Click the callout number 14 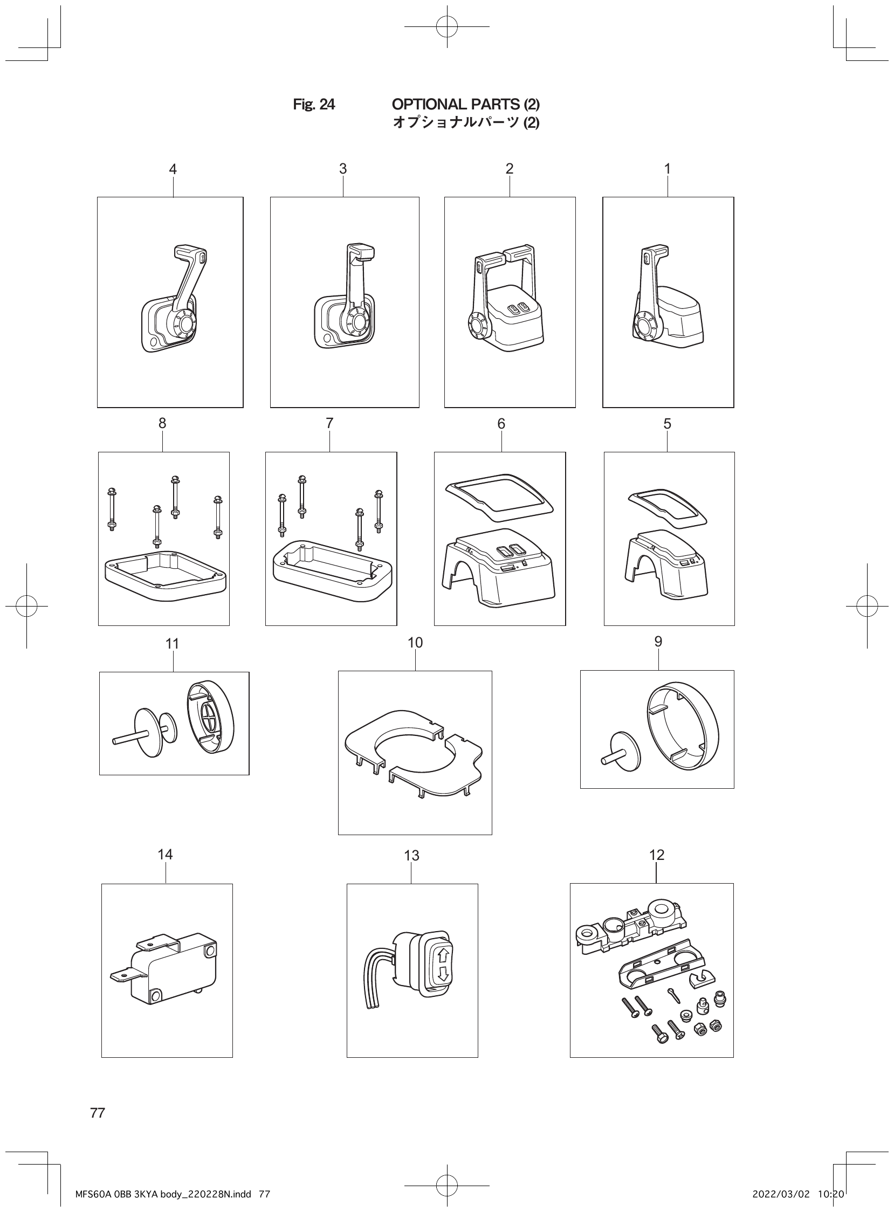point(165,854)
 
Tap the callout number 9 point(658,641)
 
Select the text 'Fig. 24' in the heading point(314,105)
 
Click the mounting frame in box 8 point(165,577)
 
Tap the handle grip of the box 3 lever point(362,252)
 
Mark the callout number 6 point(501,424)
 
